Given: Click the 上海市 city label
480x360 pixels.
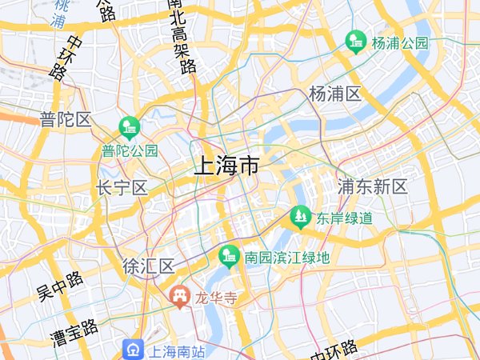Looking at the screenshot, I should [226, 166].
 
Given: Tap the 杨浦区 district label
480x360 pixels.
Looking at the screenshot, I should [335, 93].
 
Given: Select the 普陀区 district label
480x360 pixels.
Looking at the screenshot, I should [66, 120].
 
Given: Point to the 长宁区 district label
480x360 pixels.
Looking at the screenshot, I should [122, 188].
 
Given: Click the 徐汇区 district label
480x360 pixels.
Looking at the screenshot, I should [149, 266].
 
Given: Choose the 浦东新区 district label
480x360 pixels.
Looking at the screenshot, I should [372, 187].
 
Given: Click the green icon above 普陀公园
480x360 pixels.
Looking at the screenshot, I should [129, 127].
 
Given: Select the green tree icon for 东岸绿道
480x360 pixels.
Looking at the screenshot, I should [300, 217].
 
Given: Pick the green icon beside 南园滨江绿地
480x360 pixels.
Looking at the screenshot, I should [229, 257].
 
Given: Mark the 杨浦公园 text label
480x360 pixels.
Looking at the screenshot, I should [400, 43].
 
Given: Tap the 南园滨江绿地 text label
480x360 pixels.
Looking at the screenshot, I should [286, 258].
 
